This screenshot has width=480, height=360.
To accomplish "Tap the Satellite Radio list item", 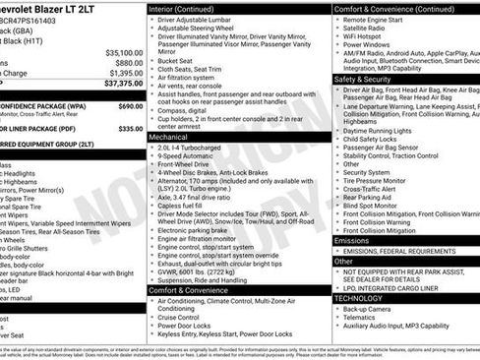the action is click(372, 29).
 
